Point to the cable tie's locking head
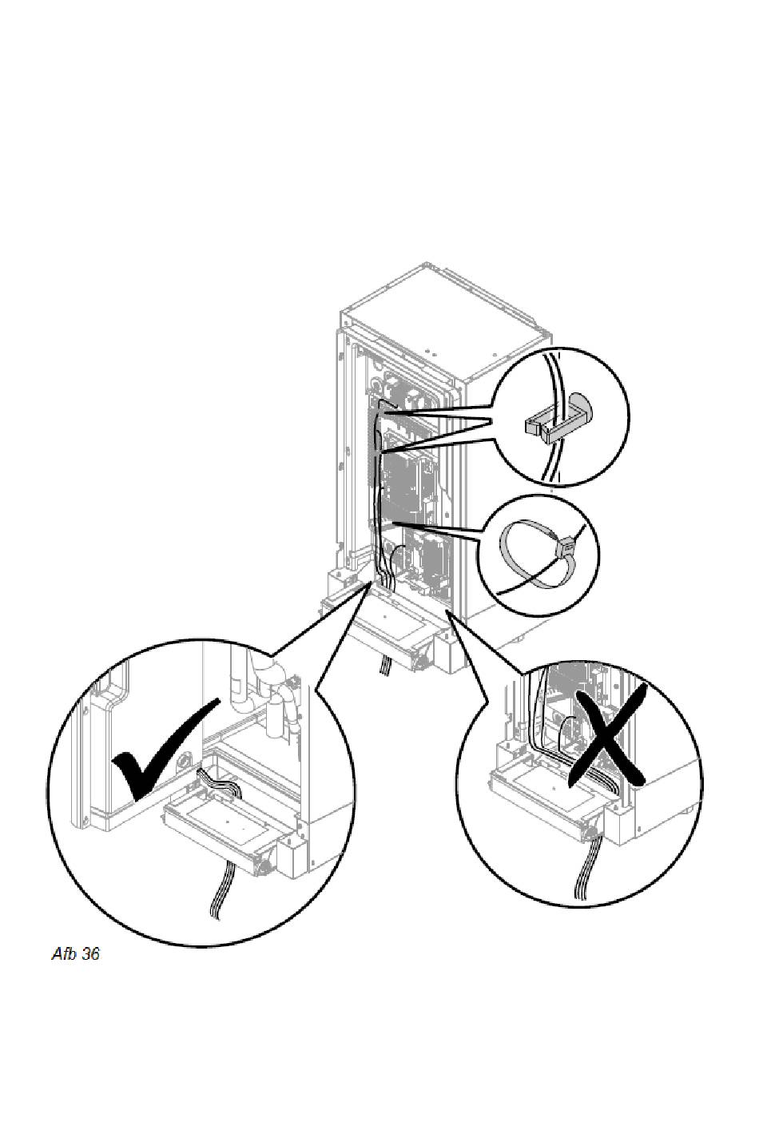coord(565,546)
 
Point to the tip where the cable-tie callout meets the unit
coord(393,523)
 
